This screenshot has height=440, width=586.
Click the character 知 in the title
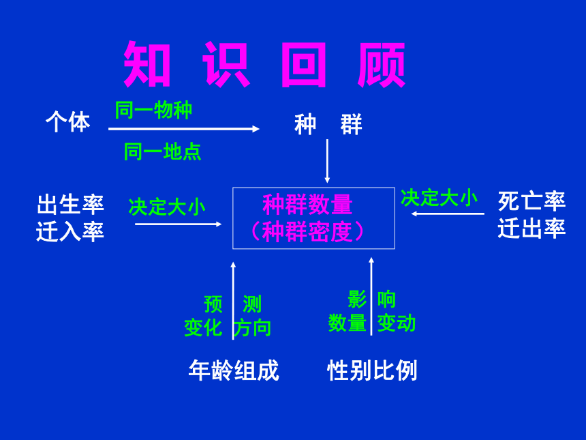(146, 63)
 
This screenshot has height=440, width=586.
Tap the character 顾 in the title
(381, 64)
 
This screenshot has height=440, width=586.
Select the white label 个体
(67, 121)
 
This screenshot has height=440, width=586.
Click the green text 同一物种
(153, 110)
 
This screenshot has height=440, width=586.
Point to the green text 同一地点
(163, 152)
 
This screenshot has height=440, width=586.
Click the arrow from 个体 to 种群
(184, 129)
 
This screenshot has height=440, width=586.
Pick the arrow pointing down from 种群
(327, 161)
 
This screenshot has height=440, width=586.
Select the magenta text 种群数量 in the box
(307, 204)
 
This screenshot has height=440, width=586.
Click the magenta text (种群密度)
(307, 232)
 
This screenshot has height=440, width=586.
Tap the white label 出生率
(70, 204)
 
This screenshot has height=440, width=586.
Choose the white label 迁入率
(70, 231)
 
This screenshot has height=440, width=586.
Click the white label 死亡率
(531, 201)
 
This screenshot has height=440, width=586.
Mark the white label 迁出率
(531, 229)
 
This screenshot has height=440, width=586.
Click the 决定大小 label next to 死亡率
(439, 198)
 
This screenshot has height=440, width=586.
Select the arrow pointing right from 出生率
(179, 224)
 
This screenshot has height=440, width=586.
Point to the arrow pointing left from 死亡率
(448, 214)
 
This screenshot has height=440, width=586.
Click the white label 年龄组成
(234, 370)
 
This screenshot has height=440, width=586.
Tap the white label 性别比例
(372, 370)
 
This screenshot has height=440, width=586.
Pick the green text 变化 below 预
(203, 327)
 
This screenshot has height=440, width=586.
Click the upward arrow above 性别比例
(371, 296)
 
